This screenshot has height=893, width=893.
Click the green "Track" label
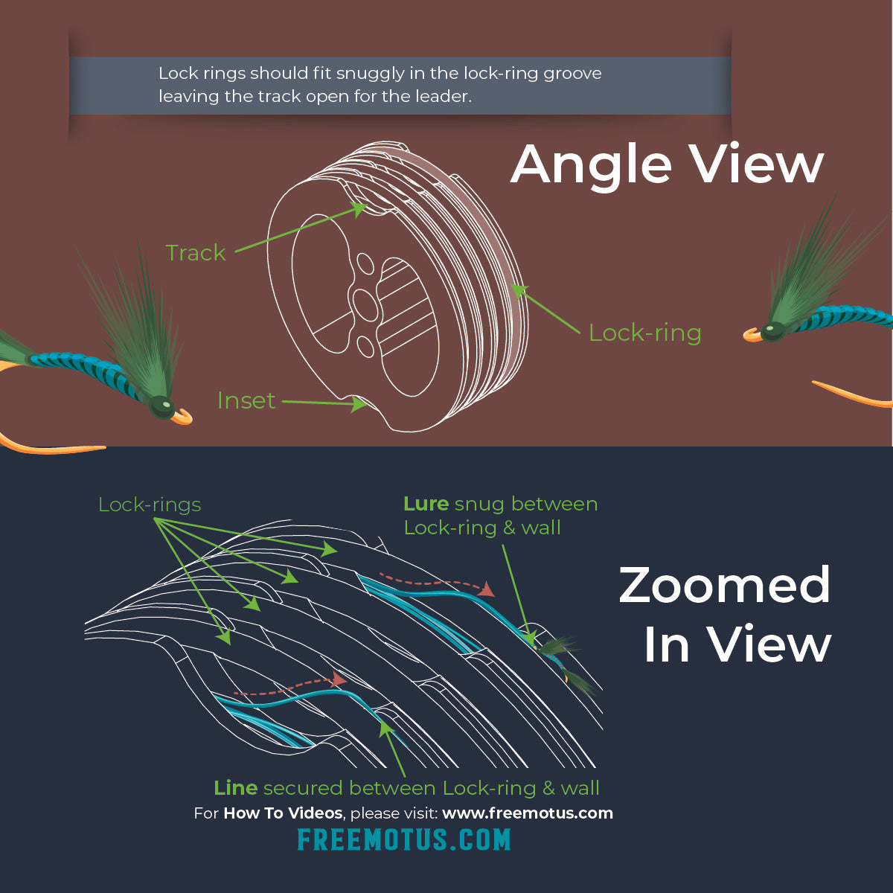[195, 253]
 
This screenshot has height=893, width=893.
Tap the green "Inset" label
[246, 400]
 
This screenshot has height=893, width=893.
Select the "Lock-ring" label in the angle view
[644, 333]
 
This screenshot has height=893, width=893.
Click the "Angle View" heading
[667, 164]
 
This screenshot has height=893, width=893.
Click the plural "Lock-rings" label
[150, 505]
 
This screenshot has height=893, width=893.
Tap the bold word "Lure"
[426, 504]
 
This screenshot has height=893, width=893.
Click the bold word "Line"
[235, 788]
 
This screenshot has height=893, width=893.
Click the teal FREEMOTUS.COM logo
[404, 840]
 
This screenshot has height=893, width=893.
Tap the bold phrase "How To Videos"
[283, 813]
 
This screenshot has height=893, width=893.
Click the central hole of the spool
[365, 305]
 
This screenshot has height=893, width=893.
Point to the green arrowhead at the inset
[359, 404]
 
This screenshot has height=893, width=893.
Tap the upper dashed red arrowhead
[487, 589]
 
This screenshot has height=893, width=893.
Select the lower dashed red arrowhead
[340, 679]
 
